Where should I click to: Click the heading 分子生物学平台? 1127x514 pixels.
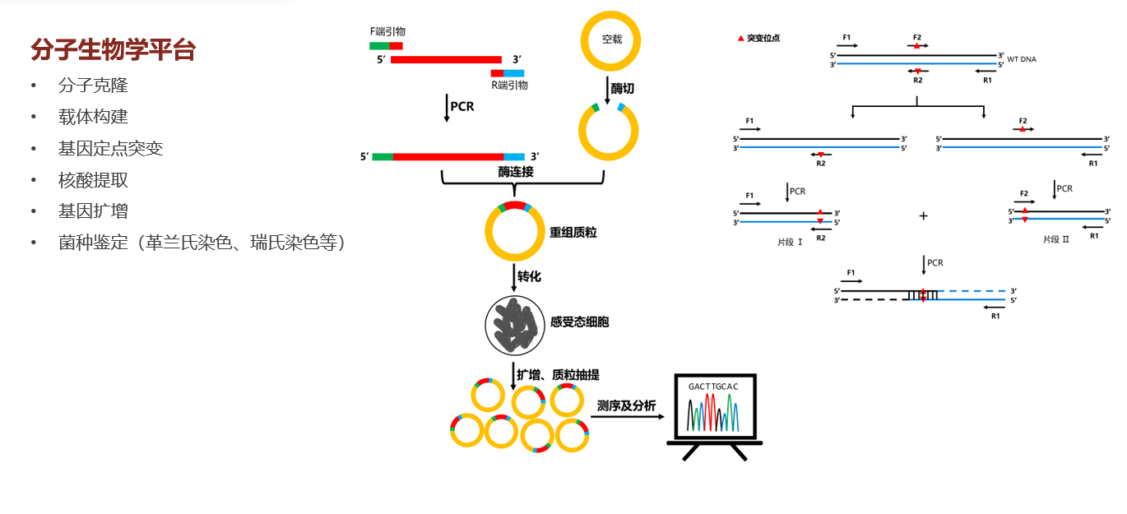point(113,50)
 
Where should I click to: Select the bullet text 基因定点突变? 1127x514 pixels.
point(110,148)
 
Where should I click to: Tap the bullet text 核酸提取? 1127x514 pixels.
point(93,179)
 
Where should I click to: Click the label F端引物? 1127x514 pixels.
point(387,31)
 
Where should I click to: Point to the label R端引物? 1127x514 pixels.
point(509,85)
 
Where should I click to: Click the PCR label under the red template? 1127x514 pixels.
point(462,107)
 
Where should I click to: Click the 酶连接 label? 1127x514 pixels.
point(516,172)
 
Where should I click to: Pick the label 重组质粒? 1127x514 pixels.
point(573,233)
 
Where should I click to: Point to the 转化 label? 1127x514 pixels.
point(529,276)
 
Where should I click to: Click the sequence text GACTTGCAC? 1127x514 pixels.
point(707,386)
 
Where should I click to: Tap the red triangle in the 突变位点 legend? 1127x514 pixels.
point(740,38)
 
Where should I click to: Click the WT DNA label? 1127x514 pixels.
point(1022,60)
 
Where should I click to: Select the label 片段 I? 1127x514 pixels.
point(790,242)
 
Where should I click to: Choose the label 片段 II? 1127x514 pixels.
point(1055,239)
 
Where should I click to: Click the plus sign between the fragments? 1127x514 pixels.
point(923,215)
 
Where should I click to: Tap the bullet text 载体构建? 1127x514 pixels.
point(93,117)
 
